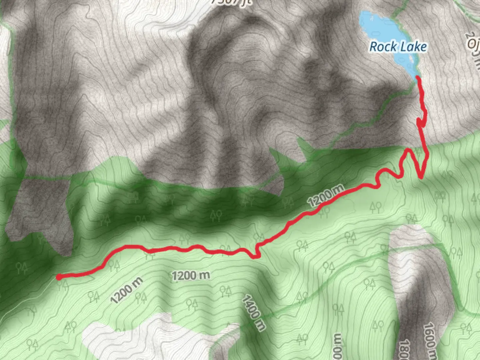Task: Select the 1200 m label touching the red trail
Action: [325, 196]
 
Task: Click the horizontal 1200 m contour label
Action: [191, 276]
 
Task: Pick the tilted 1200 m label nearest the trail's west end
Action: [126, 290]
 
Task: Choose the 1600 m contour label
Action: [430, 340]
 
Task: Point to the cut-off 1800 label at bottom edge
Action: [404, 350]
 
